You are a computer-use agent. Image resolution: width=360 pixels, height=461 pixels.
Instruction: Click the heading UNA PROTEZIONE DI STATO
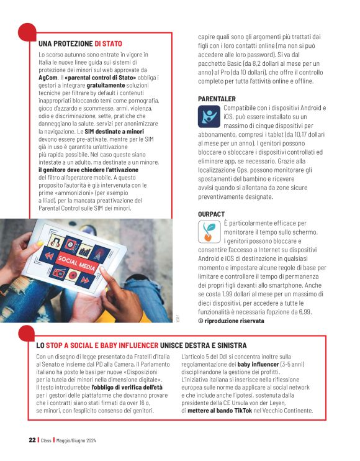(x=80, y=44)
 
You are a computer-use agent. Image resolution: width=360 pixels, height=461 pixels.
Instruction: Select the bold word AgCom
(x=48, y=79)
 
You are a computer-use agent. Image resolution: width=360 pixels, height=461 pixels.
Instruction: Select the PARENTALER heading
(x=216, y=99)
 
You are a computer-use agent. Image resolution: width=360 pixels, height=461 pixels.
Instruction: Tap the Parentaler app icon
(x=209, y=116)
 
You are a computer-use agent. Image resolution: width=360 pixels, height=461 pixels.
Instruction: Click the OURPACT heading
(x=212, y=214)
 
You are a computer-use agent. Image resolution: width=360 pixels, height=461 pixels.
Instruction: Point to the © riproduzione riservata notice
(x=231, y=321)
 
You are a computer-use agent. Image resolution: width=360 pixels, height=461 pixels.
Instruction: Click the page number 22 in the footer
(x=32, y=440)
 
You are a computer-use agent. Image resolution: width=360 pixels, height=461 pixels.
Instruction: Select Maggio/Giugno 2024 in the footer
(x=76, y=440)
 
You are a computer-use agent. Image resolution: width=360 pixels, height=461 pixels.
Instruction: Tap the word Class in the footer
(x=47, y=440)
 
